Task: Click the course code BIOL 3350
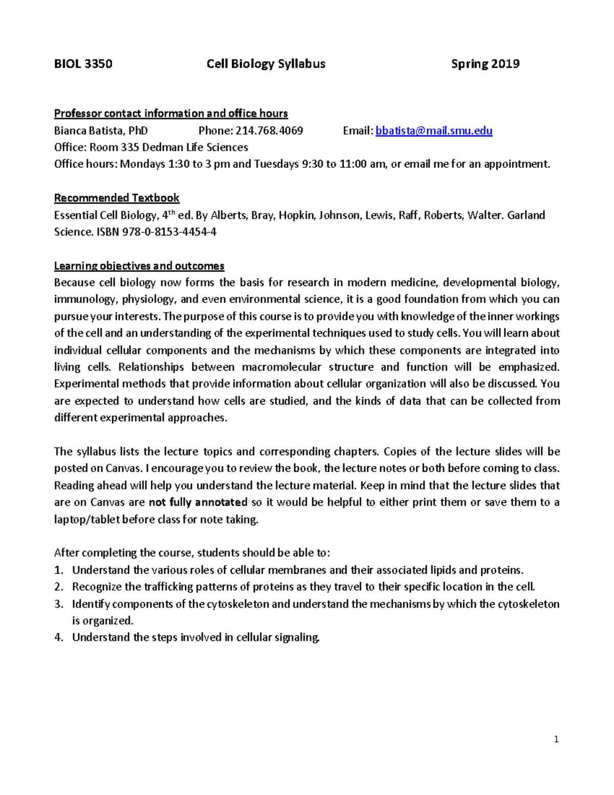[x=83, y=64]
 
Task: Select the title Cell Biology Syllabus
[x=266, y=64]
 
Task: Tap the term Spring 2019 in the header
[x=485, y=64]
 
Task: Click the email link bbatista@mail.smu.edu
[x=434, y=131]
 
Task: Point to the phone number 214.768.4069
[x=269, y=131]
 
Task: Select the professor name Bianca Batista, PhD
[x=101, y=131]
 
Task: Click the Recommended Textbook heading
[x=117, y=198]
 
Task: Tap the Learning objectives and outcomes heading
[x=139, y=266]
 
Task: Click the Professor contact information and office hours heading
[x=171, y=113]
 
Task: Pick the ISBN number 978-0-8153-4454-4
[x=169, y=232]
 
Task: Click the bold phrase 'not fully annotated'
[x=198, y=502]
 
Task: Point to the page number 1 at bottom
[x=556, y=739]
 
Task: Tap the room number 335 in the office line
[x=130, y=147]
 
